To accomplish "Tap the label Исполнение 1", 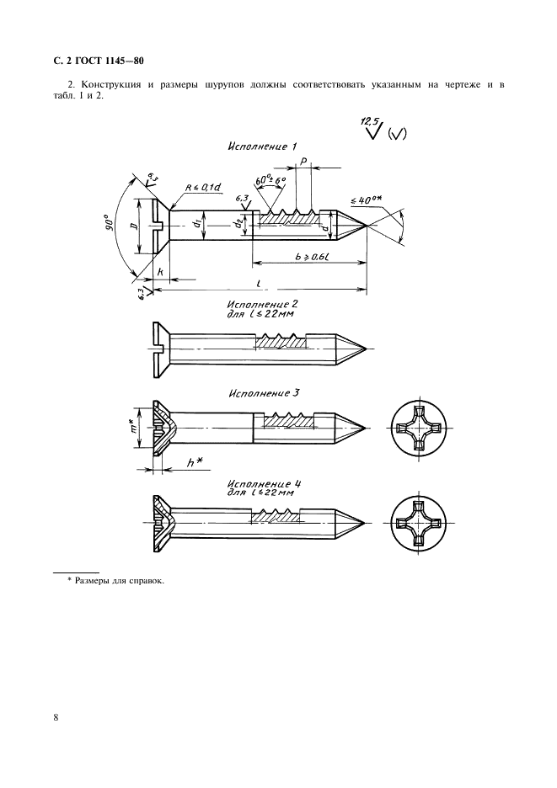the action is click(262, 146).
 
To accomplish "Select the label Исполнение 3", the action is click(264, 392).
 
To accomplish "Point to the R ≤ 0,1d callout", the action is click(203, 187).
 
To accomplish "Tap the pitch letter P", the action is click(303, 161).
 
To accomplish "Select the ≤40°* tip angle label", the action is click(367, 200).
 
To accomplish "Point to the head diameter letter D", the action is click(133, 226).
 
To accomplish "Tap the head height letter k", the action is click(160, 271).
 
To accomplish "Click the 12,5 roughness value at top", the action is click(368, 121).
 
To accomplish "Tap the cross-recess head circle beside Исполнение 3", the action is click(418, 428).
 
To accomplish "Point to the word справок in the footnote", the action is click(147, 581).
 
